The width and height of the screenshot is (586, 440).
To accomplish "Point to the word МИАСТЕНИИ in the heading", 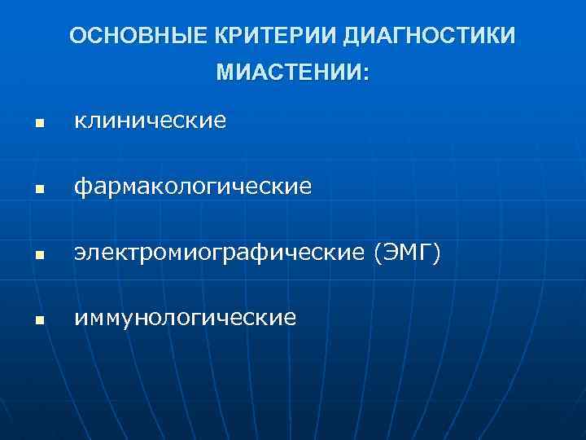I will tap(287, 73).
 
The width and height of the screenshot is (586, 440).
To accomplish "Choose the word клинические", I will tap(151, 122).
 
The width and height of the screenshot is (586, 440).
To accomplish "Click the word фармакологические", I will tap(193, 187).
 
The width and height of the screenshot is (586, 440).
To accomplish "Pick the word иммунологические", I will tap(186, 318).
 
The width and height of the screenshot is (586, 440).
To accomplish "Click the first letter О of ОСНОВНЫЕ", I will tap(77, 36).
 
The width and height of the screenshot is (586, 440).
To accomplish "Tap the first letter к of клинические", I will tap(80, 123).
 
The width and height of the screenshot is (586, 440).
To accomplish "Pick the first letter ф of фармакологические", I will tap(81, 188).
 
